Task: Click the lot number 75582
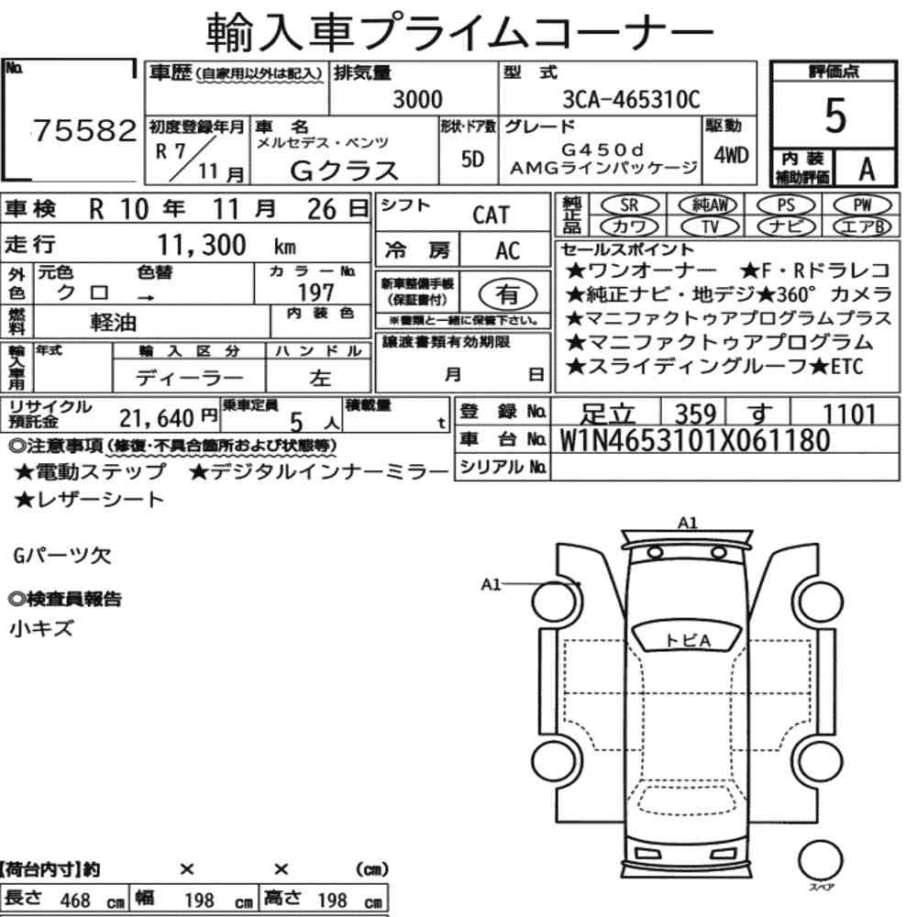(x=84, y=130)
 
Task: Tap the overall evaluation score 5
(x=835, y=116)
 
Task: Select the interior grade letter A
(x=867, y=169)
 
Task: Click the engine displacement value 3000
(x=417, y=99)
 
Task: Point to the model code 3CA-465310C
(x=631, y=99)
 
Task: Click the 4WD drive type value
(x=731, y=156)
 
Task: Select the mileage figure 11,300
(x=202, y=245)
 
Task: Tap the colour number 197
(x=315, y=292)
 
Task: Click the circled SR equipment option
(x=630, y=204)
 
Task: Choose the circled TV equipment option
(x=710, y=226)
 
